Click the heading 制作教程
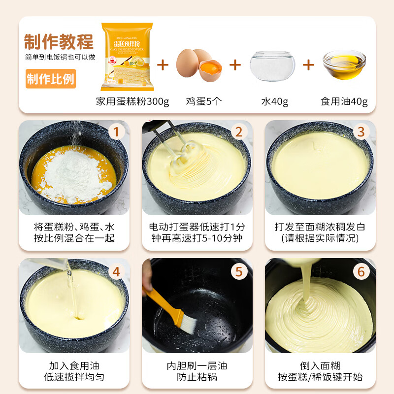(59, 42)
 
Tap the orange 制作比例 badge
(51, 79)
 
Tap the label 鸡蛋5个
(203, 102)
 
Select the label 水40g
(275, 102)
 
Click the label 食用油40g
(344, 102)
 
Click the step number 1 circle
(116, 131)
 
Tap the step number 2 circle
(239, 131)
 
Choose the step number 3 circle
(361, 131)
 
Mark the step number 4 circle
(116, 271)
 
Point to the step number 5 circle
(239, 271)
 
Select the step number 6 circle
(361, 271)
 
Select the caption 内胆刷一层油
(197, 366)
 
